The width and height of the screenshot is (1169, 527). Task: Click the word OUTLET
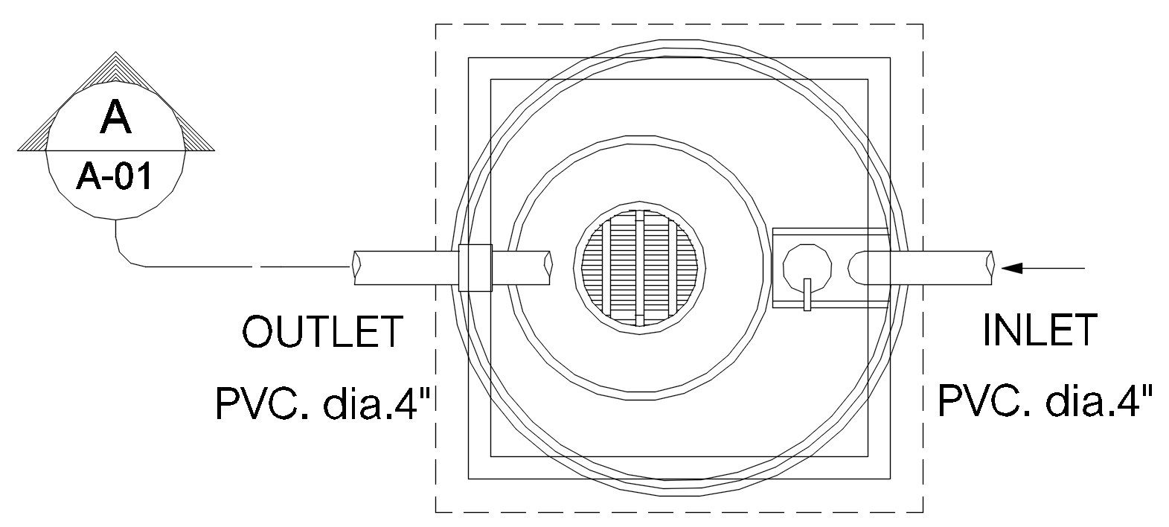[322, 331]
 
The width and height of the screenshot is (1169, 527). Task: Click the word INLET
[1040, 330]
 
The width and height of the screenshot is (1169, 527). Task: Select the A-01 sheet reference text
[115, 176]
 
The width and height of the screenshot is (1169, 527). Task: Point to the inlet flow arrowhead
[1011, 269]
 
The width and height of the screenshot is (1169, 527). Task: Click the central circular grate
[640, 265]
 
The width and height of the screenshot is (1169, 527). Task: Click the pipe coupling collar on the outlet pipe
[475, 267]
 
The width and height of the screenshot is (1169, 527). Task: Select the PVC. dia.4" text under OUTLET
[324, 403]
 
